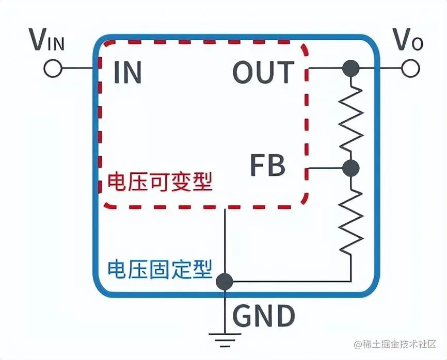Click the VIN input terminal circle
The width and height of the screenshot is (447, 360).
(53, 68)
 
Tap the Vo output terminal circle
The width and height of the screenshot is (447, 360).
(411, 68)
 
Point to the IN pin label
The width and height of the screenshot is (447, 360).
(127, 73)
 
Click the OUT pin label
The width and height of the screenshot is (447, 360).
(263, 73)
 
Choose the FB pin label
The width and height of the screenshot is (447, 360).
(267, 166)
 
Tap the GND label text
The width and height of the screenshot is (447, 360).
(264, 316)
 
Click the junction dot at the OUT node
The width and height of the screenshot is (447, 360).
(351, 68)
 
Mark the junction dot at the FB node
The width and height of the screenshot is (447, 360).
(351, 168)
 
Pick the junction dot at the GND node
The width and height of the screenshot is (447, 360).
(225, 282)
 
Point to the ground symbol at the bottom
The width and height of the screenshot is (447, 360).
(225, 338)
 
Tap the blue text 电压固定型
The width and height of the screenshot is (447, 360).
(159, 269)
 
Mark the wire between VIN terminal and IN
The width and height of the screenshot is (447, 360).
(77, 68)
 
